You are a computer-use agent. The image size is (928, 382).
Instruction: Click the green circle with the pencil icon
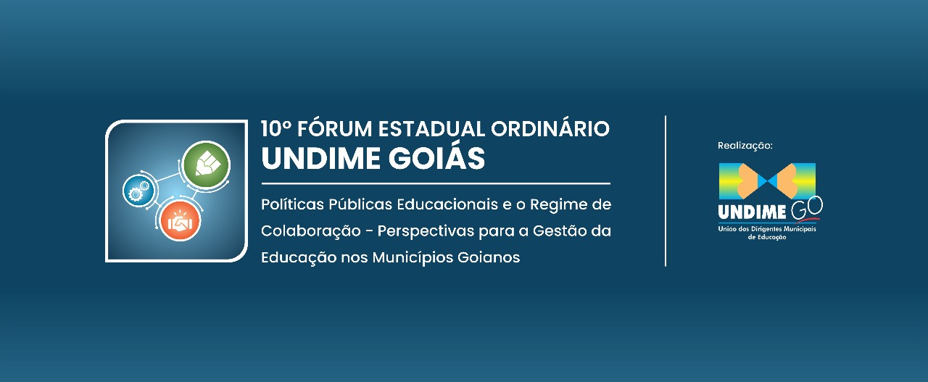point(206,165)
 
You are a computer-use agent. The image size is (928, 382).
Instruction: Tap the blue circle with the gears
point(138,191)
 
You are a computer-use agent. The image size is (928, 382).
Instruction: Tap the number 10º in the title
point(276,128)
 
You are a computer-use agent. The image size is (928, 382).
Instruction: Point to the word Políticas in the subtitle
point(292,204)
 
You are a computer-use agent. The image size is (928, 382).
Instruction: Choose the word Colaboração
point(311,231)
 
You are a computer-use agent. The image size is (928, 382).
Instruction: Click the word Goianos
point(489,258)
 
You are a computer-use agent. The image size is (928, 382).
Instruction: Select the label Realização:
point(745,146)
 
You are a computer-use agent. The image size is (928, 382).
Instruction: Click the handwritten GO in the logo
point(806,209)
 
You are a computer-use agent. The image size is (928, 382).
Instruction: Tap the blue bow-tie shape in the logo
point(767,181)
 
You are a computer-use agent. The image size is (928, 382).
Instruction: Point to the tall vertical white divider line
point(666,191)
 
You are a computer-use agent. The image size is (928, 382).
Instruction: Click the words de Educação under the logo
point(766,238)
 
